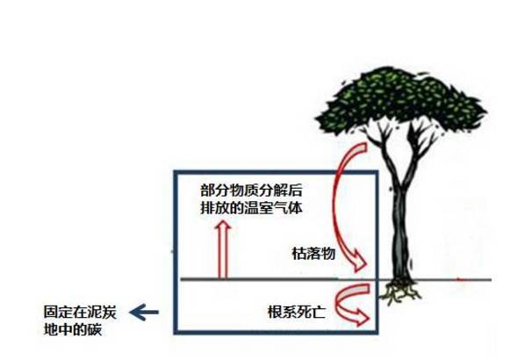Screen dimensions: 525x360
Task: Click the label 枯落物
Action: point(313,254)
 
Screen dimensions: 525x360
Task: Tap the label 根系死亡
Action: point(297,312)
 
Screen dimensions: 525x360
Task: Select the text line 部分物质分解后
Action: point(251,191)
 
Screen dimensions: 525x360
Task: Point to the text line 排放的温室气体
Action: point(251,207)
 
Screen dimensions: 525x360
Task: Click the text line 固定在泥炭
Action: point(80,312)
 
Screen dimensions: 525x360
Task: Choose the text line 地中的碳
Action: point(73,329)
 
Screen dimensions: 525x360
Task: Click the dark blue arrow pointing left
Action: point(144,313)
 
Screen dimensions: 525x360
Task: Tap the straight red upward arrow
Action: point(223,249)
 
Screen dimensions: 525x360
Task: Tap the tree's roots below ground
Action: point(401,290)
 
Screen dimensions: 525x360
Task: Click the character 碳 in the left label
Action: point(95,329)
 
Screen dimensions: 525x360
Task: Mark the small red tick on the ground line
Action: point(462,279)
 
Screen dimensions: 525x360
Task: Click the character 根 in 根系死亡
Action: point(275,312)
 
